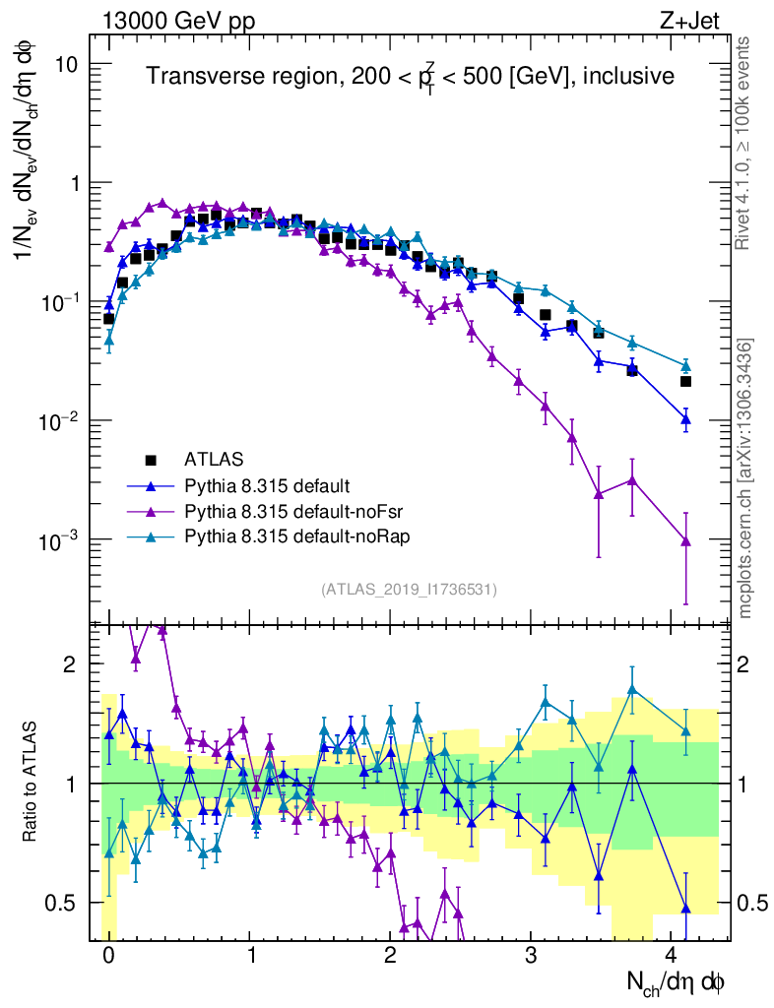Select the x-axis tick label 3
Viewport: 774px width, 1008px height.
coord(531,955)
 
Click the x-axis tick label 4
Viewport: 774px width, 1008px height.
coord(672,955)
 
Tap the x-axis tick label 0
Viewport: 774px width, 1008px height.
coord(108,955)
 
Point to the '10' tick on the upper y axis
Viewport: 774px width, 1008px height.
coord(68,64)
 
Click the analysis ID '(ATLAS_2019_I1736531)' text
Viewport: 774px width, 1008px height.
coord(409,590)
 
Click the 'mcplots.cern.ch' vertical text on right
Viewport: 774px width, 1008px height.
coord(745,478)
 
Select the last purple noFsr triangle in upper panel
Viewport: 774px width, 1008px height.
coord(686,541)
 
